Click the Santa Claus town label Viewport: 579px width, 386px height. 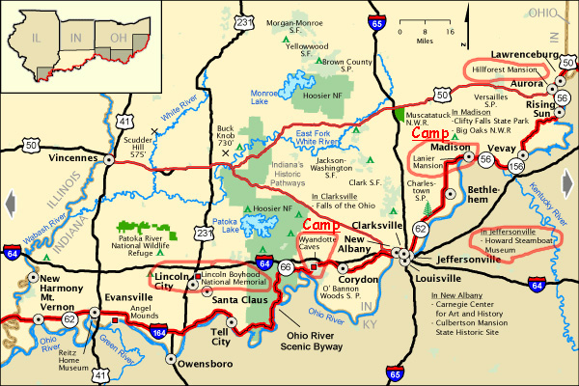(238, 301)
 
